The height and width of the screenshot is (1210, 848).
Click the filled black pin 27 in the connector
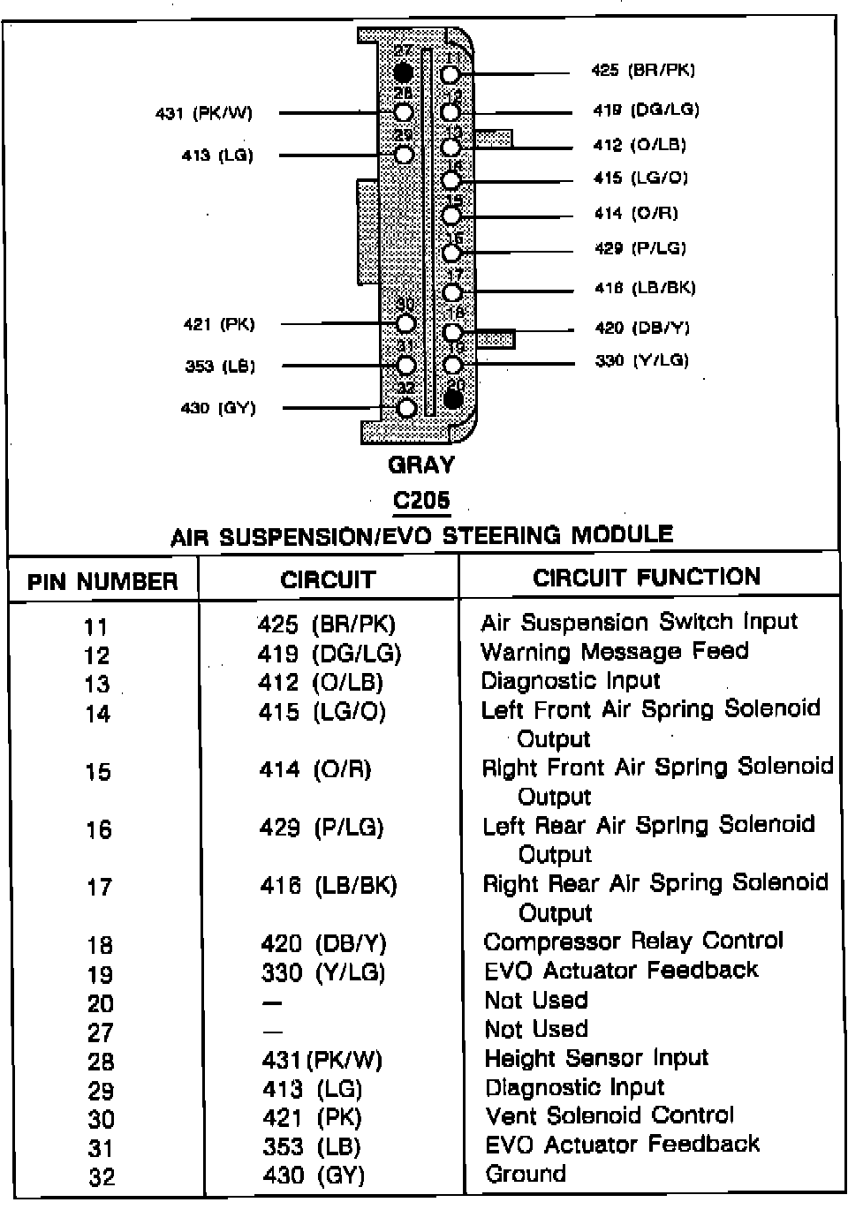[404, 72]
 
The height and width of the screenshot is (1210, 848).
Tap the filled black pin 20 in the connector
[454, 399]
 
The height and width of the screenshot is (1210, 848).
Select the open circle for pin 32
[406, 408]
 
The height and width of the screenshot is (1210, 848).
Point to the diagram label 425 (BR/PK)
[643, 71]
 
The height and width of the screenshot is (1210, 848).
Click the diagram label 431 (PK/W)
[204, 113]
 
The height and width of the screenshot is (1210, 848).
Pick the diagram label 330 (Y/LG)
[641, 360]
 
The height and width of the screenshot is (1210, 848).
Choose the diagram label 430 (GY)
[218, 408]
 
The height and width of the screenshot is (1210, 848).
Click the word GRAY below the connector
[421, 465]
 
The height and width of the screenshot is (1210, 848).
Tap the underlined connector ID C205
[421, 501]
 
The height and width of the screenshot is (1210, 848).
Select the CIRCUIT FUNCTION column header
[647, 578]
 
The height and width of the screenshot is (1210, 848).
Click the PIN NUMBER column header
[102, 582]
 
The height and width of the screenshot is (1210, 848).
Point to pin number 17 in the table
[99, 887]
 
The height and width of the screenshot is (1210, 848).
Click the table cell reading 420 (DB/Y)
[323, 944]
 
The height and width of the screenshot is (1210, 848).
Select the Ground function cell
[526, 1174]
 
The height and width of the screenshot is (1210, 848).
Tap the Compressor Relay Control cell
[633, 942]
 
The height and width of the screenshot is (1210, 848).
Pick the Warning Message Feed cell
[615, 652]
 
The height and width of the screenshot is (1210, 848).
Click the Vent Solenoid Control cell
[609, 1115]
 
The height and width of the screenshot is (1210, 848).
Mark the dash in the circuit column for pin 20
[272, 1003]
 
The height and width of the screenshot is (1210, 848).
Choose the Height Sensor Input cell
[596, 1058]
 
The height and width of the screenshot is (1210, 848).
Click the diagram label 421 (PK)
[219, 325]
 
